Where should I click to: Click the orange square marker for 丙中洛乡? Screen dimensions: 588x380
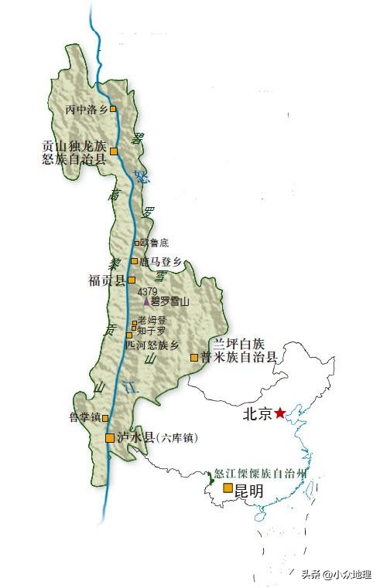(113, 109)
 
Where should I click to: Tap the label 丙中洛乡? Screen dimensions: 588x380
(87, 109)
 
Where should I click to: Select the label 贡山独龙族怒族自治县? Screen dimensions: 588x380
(74, 151)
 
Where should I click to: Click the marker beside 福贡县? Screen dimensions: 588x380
(132, 280)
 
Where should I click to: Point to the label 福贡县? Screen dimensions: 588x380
(107, 280)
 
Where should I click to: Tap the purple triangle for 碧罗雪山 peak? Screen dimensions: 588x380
(145, 301)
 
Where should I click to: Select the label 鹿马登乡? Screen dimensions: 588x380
(159, 262)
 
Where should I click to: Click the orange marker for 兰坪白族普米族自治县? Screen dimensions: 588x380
(193, 357)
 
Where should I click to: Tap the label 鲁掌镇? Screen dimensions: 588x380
(85, 418)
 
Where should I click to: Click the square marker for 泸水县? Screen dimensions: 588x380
(110, 438)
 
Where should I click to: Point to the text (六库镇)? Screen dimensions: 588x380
(176, 438)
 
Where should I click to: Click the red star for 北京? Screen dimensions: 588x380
(280, 413)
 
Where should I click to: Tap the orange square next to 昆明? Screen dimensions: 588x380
(228, 488)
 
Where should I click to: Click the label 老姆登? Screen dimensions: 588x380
(152, 320)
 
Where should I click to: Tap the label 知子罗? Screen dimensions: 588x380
(152, 331)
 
